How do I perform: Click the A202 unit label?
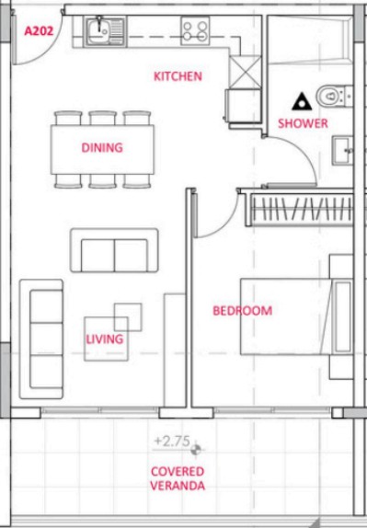point(39,31)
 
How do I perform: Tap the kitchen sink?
point(105,31)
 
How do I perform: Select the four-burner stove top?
point(195,31)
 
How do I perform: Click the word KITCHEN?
point(178,76)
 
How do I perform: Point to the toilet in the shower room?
point(334,97)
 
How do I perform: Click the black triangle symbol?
point(302,102)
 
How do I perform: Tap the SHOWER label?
point(303,123)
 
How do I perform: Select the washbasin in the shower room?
point(342,150)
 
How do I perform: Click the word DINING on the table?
point(102,147)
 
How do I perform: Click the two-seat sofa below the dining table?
point(114,250)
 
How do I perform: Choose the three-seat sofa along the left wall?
point(41,339)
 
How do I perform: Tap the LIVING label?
point(104,339)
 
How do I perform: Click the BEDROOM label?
point(243,311)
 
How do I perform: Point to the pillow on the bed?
point(343,317)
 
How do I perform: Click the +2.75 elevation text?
point(172,442)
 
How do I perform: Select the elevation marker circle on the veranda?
point(196,449)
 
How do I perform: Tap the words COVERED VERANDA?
point(178,478)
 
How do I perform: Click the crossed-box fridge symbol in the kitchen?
point(245,73)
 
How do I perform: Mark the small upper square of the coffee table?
point(128,316)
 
